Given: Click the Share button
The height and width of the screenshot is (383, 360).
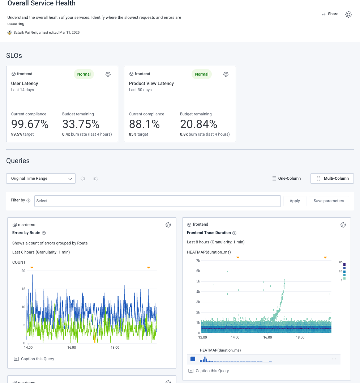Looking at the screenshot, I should click(x=330, y=14).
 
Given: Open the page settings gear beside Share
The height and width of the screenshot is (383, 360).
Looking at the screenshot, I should click(x=348, y=14).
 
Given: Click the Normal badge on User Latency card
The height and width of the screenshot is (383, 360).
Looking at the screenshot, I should click(x=84, y=74).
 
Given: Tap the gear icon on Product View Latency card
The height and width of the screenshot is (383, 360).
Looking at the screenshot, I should click(x=226, y=74).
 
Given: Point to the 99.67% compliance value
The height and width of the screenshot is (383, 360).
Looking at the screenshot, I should click(x=30, y=124).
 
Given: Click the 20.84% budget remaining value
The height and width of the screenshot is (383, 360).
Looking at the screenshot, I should click(x=198, y=124).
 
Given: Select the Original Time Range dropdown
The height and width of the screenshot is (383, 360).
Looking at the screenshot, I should click(x=41, y=178).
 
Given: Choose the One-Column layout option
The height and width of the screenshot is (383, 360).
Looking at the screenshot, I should click(x=286, y=178).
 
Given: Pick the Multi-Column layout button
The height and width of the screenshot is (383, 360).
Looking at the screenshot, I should click(x=332, y=178).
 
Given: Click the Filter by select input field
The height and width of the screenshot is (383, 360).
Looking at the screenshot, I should click(x=157, y=201).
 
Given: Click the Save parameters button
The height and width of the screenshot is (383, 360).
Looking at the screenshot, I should click(x=329, y=201).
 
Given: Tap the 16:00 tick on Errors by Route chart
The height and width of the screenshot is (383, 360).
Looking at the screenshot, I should click(x=72, y=348).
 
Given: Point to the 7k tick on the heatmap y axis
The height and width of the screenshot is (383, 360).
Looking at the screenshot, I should click(x=198, y=260).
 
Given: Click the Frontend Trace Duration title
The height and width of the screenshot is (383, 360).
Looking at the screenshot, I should click(x=209, y=233).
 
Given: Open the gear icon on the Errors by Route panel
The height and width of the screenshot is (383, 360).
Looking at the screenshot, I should click(x=168, y=225).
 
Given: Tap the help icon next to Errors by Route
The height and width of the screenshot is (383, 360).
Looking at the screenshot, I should click(x=44, y=233).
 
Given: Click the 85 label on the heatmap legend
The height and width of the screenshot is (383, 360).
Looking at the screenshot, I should click(x=340, y=262).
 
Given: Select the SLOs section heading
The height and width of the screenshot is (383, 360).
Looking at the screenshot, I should click(x=14, y=55).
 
